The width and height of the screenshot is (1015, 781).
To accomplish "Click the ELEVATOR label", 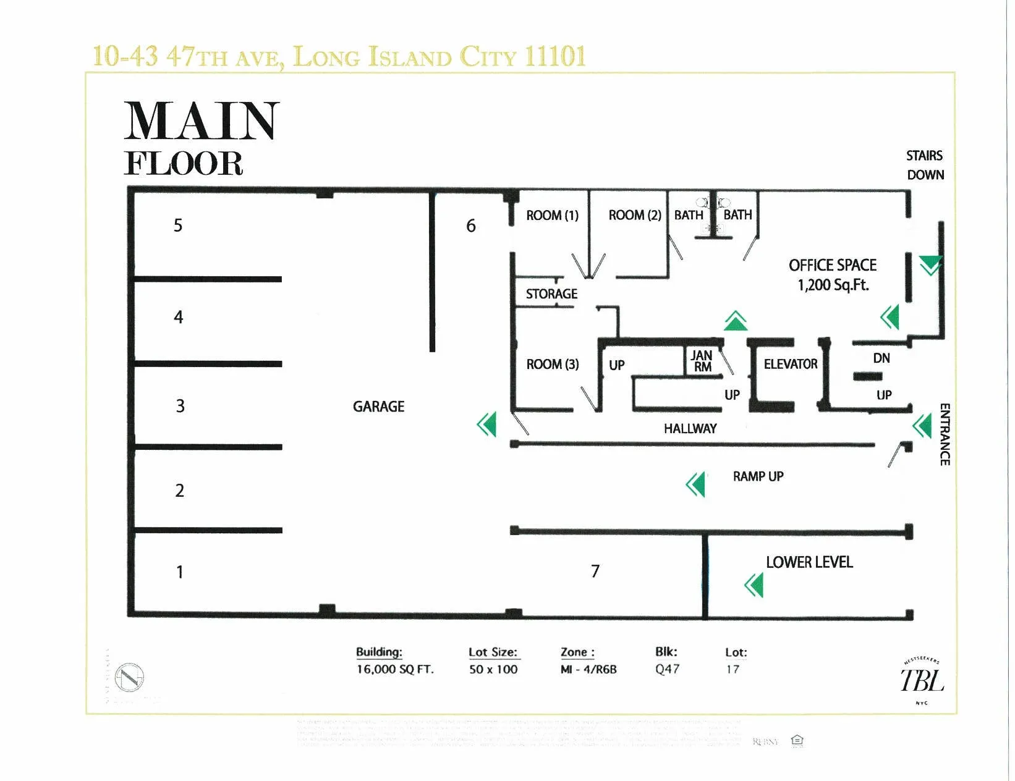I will click(x=790, y=364).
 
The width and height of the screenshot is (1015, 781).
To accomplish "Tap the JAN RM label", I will click(x=702, y=361).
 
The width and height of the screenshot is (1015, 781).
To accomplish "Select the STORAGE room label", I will click(x=551, y=294).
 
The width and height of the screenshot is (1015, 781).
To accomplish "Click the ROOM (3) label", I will click(x=552, y=365).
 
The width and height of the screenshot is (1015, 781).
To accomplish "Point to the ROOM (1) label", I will click(x=552, y=216).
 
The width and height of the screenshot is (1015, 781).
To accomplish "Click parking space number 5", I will click(x=178, y=226).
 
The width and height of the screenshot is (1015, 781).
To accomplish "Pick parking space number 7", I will click(x=595, y=571).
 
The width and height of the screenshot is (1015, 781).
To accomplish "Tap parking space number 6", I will click(x=471, y=226).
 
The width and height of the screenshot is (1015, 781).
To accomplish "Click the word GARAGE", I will click(x=378, y=407).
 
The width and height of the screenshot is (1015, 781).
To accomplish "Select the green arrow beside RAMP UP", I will click(x=696, y=484).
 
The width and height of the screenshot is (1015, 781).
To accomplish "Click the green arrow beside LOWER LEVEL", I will click(x=755, y=585).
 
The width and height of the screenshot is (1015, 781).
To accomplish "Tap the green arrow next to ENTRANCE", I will click(x=923, y=426).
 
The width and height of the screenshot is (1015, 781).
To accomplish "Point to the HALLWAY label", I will click(x=690, y=429).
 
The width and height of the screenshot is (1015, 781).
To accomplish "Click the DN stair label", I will click(x=881, y=358).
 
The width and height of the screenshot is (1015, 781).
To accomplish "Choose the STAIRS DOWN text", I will click(x=925, y=165).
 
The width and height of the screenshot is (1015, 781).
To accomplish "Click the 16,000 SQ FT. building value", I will click(x=395, y=669).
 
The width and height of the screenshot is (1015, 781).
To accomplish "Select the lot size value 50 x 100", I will click(x=493, y=669).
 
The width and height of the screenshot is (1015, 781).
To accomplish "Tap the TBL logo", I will click(x=922, y=680).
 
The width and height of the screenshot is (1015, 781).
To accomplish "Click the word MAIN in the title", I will click(x=202, y=121).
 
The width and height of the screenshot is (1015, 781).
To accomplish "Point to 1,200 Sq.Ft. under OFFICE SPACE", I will click(x=833, y=285).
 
